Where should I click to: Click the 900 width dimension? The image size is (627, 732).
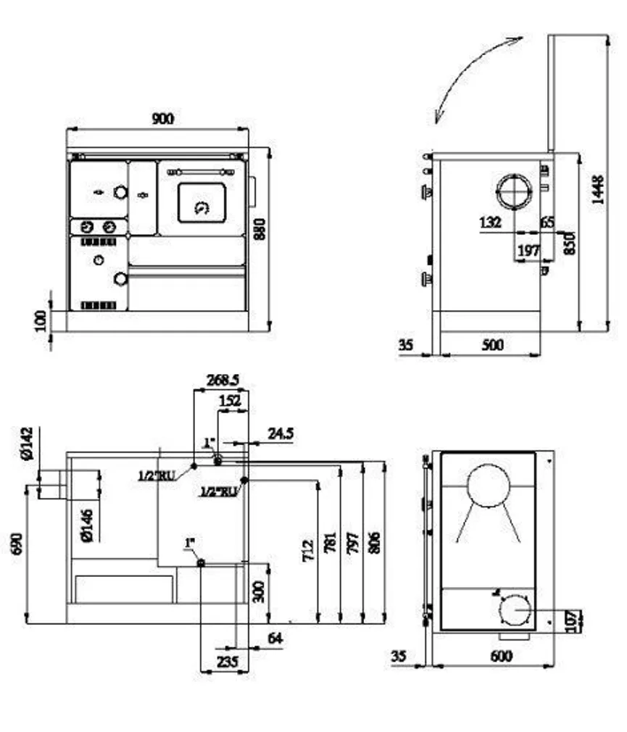(162, 118)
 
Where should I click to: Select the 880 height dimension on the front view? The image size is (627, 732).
(261, 229)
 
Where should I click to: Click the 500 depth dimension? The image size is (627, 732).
(492, 346)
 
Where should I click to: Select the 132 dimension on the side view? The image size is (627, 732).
(491, 222)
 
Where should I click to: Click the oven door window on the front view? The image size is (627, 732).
(202, 202)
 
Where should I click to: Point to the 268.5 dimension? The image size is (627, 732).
(222, 380)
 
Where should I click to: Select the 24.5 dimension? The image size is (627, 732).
(280, 433)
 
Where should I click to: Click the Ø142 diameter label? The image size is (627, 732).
(27, 443)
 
